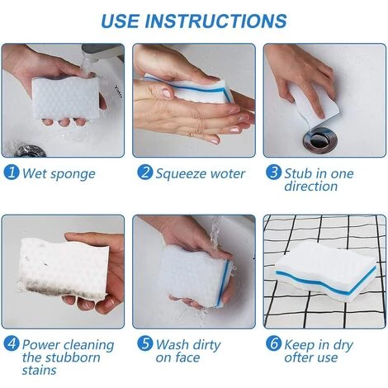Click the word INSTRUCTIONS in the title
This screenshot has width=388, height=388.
click(215, 21)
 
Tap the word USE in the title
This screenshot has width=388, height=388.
click(121, 21)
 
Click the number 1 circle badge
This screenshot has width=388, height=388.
click(12, 173)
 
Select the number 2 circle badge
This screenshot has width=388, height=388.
click(144, 173)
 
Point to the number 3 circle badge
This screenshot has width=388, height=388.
click(273, 172)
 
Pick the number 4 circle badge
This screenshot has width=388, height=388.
click(12, 343)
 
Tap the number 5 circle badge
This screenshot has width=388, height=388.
click(144, 343)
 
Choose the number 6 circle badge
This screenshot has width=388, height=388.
click(273, 343)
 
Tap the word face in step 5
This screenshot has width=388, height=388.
click(187, 357)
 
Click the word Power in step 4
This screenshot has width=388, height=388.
click(41, 344)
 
